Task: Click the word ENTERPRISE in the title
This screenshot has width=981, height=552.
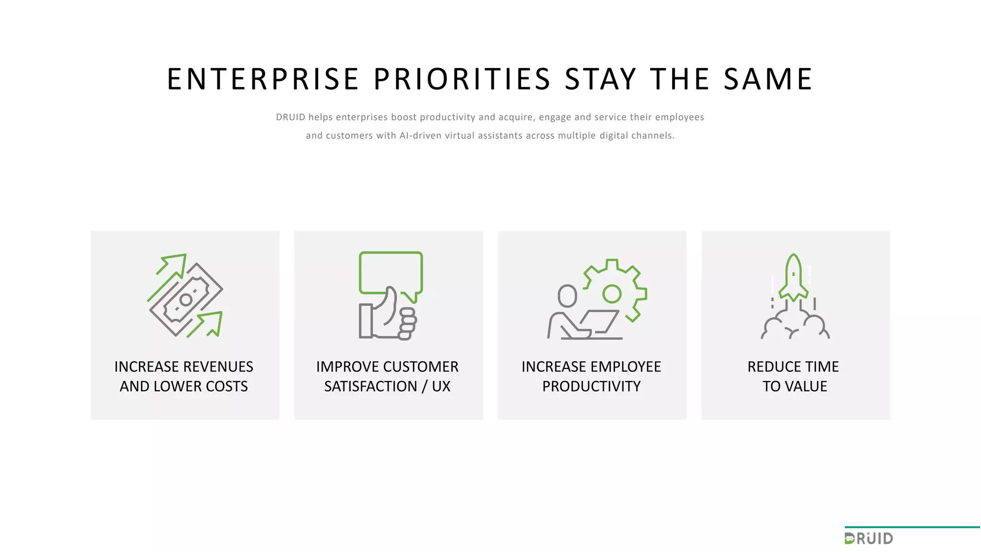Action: coord(263,80)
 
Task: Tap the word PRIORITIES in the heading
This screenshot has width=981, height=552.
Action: coord(462,80)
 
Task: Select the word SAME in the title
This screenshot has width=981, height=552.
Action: coord(768,80)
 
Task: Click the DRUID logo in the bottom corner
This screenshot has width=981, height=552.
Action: coord(869,539)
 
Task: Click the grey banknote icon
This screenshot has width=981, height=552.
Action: coord(186,299)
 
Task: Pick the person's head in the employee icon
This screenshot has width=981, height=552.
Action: coord(568,296)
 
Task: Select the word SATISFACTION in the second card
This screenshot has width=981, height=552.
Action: coord(371,387)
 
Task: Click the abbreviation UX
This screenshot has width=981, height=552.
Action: coord(441,387)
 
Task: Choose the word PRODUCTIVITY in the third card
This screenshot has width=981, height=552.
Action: coord(591,387)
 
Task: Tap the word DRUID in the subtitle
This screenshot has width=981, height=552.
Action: coord(290,117)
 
